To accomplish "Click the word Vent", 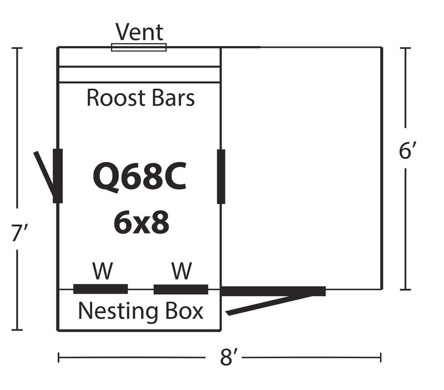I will coord(139,32).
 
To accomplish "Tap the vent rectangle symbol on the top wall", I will coord(139,47).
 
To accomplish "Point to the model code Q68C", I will coord(139,176).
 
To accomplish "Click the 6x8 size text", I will coord(141,223).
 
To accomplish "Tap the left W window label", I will coord(102,271).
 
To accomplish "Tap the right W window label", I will coord(181,271).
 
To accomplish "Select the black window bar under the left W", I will coord(100,288).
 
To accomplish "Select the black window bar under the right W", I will coord(181,289).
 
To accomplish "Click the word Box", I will coord(184,311).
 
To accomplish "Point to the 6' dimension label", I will coord(406,151).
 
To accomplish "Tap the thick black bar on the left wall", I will coord(58,175).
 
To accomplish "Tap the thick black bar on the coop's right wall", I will coord(221,176).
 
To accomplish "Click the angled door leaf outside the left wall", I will coord(44,173).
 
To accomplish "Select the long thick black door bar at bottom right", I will coord(273,291).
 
